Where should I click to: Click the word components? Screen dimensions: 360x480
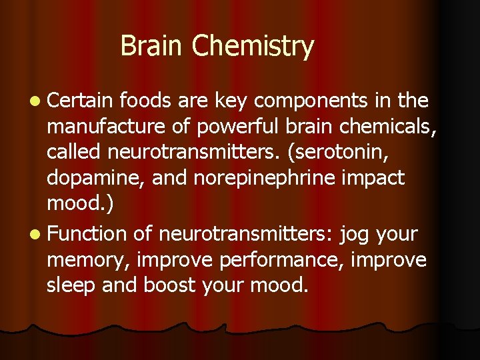[311, 101]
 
